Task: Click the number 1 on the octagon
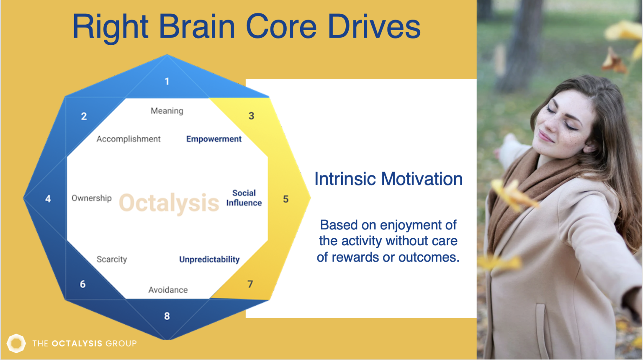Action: (x=167, y=82)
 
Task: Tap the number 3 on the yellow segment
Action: (x=252, y=116)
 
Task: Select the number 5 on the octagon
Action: (x=285, y=199)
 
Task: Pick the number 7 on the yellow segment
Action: (x=250, y=284)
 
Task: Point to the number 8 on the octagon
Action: (x=167, y=316)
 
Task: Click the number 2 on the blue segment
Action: (x=84, y=116)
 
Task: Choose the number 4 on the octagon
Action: (x=48, y=199)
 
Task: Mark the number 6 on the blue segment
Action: (x=82, y=284)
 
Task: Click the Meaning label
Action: (x=167, y=111)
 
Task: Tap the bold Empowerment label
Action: (x=214, y=139)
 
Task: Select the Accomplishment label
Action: (x=129, y=139)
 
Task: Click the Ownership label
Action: (x=92, y=198)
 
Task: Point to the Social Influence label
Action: (x=244, y=198)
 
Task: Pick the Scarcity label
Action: (x=112, y=259)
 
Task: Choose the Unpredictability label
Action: (x=209, y=260)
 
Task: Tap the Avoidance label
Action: (x=168, y=290)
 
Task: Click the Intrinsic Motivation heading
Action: (x=388, y=179)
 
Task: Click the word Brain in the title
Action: (x=197, y=26)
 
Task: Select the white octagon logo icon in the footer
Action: (x=16, y=343)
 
